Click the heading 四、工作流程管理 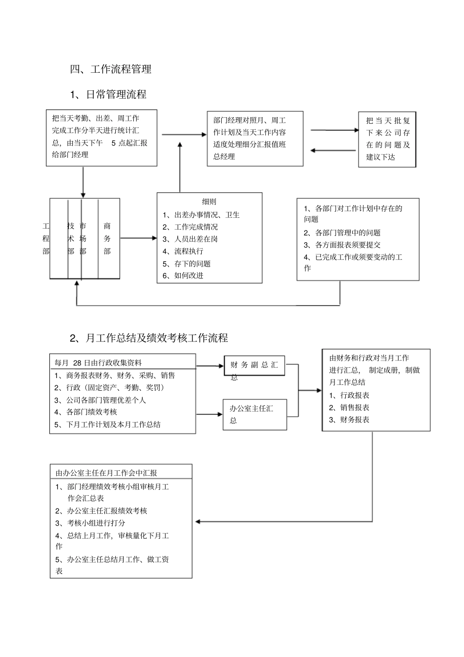[111, 69]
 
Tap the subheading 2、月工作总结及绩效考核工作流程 [149, 338]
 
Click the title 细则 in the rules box [209, 201]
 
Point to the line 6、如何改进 [183, 276]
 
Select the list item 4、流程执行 [183, 251]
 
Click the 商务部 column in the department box [107, 238]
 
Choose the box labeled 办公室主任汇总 [254, 414]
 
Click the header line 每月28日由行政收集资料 [98, 362]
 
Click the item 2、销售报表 [349, 407]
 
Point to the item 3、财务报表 [349, 420]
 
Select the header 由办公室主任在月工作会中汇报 [106, 473]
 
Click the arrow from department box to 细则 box [138, 238]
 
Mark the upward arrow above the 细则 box [180, 166]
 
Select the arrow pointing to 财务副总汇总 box [210, 366]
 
